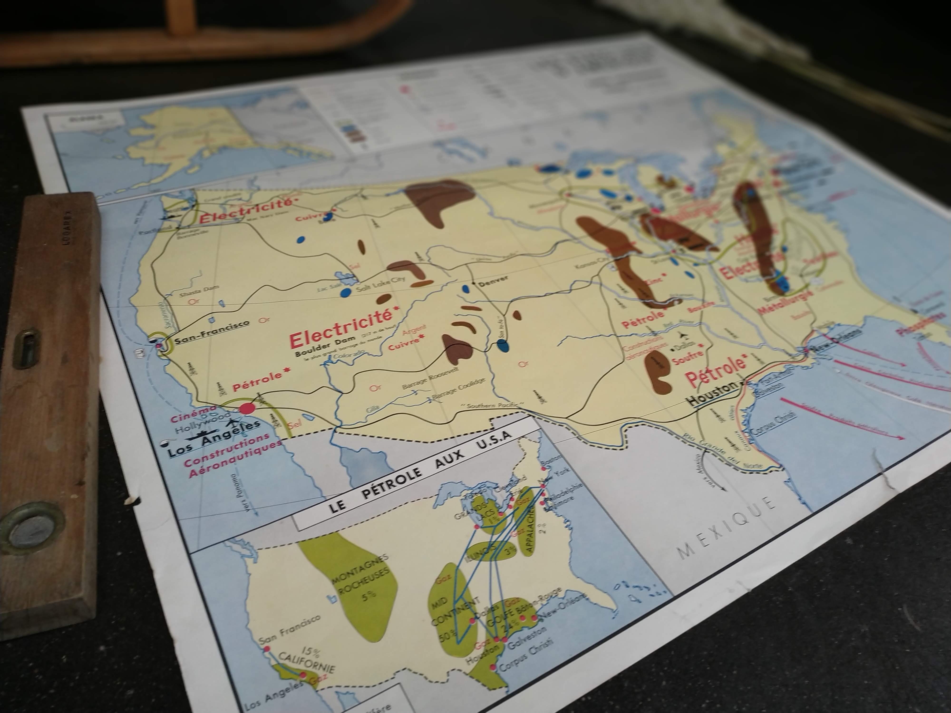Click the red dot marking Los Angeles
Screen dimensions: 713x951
(x=246, y=409)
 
